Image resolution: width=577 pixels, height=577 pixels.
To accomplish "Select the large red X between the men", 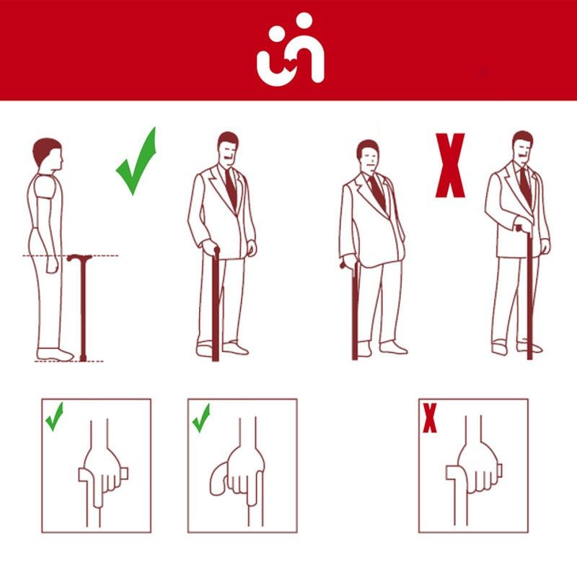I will pyautogui.click(x=450, y=165).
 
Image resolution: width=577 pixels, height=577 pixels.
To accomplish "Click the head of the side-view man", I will pyautogui.click(x=48, y=153).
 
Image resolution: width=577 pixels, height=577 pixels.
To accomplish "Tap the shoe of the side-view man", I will pyautogui.click(x=56, y=354).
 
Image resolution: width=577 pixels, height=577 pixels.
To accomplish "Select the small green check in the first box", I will pyautogui.click(x=54, y=416).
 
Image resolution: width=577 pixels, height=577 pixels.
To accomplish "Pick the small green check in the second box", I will pyautogui.click(x=201, y=418).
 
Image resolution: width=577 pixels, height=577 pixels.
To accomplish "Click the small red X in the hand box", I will pyautogui.click(x=430, y=418).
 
